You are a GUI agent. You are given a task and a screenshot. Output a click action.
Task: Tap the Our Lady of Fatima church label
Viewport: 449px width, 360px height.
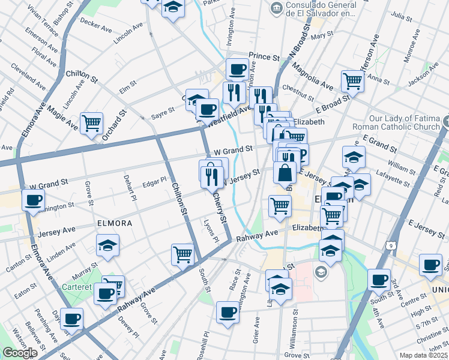point(405,122)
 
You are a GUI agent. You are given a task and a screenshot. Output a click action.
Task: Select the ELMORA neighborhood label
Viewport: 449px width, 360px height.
point(115,223)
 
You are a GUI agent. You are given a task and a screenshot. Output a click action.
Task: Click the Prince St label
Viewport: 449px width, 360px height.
point(265,57)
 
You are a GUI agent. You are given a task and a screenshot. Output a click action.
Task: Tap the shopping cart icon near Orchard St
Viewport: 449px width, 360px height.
point(91,123)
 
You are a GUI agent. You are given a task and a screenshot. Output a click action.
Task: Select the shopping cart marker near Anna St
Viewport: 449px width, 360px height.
point(352,80)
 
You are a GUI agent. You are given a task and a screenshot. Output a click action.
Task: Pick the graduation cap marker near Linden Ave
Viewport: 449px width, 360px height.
point(107,245)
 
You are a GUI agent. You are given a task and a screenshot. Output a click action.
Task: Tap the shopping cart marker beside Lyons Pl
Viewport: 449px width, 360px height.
point(182,254)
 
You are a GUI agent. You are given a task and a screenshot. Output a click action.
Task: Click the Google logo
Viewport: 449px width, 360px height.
point(20,353)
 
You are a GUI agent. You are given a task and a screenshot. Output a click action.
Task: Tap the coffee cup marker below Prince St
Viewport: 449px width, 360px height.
point(237,68)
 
